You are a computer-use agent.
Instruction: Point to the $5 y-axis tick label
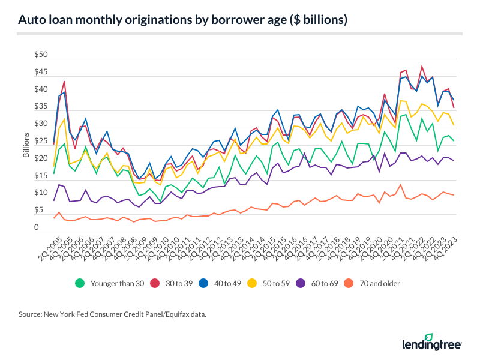pyautogui.click(x=39, y=211)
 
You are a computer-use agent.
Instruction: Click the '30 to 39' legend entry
pyautogui.click(x=178, y=283)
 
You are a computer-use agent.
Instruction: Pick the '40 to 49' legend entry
pyautogui.click(x=231, y=283)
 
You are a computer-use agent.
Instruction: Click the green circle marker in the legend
pyautogui.click(x=78, y=283)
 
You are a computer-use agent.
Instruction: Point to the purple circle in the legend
pyautogui.click(x=316, y=283)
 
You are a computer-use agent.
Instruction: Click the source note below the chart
pyautogui.click(x=115, y=314)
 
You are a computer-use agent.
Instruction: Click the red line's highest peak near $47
pyautogui.click(x=422, y=66)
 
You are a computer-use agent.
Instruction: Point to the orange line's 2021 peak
pyautogui.click(x=400, y=184)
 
